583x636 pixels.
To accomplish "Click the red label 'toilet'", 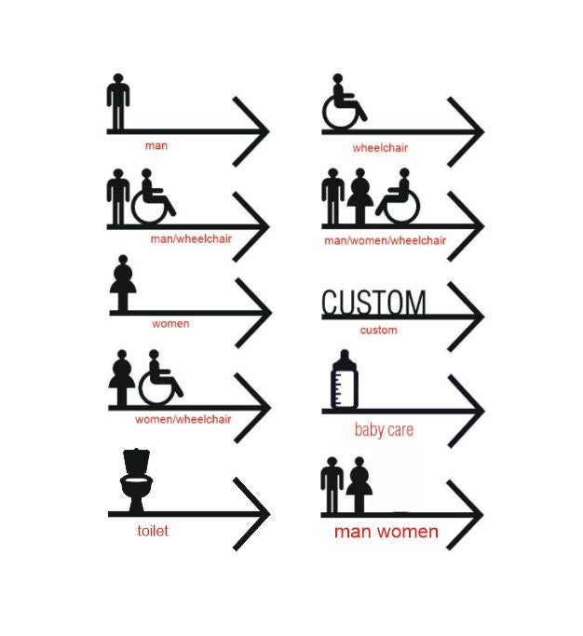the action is [x=153, y=531].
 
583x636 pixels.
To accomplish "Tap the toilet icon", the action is [x=136, y=480].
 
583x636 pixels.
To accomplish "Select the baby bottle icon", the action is [x=345, y=379].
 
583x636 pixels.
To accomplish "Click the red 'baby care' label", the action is [x=384, y=430].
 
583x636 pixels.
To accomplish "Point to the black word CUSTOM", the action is [x=373, y=303].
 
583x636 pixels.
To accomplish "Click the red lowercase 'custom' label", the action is [x=378, y=331].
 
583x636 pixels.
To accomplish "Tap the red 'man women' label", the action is [x=386, y=532].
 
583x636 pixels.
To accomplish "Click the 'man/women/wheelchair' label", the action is [x=385, y=240].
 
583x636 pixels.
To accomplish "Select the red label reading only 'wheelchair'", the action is [x=380, y=148].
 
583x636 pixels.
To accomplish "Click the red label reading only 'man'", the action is [x=156, y=145].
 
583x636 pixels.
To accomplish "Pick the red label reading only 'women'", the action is [x=170, y=324].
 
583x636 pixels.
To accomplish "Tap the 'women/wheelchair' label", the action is [x=183, y=419].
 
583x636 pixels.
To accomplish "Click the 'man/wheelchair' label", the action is [x=191, y=238].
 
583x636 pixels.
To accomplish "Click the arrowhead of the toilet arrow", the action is [x=251, y=514].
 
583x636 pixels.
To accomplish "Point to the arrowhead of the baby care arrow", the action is [x=467, y=412].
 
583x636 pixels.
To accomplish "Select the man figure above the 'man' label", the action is [x=118, y=101].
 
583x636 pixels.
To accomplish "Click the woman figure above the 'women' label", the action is [x=123, y=283].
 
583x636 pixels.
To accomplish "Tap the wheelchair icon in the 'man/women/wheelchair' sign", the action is [x=398, y=196].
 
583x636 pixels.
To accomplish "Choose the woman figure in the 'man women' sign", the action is [x=359, y=485].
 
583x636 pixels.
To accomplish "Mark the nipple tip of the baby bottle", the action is [x=345, y=351].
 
